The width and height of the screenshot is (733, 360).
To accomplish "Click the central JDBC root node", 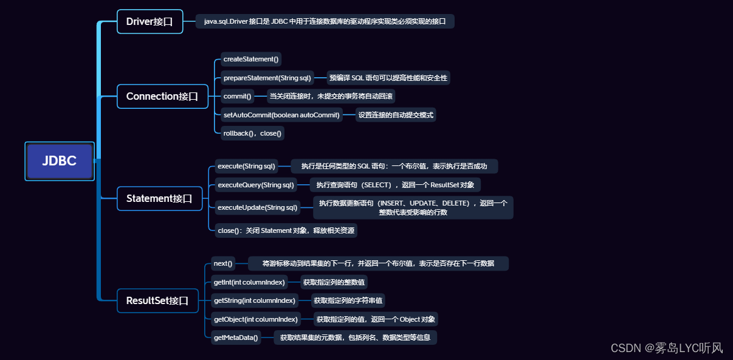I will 60,161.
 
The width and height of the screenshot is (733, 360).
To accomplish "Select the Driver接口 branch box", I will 150,21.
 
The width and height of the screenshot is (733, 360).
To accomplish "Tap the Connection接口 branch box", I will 162,96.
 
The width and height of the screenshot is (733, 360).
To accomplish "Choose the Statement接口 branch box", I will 159,198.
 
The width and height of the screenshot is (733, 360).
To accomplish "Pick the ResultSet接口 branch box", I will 157,300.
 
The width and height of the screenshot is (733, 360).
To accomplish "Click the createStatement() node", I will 251,59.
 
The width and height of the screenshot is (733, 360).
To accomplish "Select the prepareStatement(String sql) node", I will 267,78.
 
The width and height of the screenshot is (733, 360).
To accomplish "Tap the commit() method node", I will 237,96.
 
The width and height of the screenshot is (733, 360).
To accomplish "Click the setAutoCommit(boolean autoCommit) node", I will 281,114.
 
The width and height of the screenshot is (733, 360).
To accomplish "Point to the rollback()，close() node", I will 252,133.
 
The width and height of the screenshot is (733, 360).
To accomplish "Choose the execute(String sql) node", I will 246,166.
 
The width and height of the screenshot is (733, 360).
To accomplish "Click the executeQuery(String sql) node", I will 256,185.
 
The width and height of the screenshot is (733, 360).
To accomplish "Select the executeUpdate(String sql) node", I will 258,207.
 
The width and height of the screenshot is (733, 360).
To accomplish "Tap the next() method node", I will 223,263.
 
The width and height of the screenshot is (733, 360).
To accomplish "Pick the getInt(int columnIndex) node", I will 249,282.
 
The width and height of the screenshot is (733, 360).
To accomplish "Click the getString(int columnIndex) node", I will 255,300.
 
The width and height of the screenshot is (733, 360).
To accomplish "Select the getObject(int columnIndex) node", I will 256,319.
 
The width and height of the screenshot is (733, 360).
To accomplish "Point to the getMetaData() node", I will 236,338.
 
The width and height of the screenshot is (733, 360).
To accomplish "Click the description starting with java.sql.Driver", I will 325,21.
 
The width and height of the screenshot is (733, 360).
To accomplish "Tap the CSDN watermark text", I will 667,347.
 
